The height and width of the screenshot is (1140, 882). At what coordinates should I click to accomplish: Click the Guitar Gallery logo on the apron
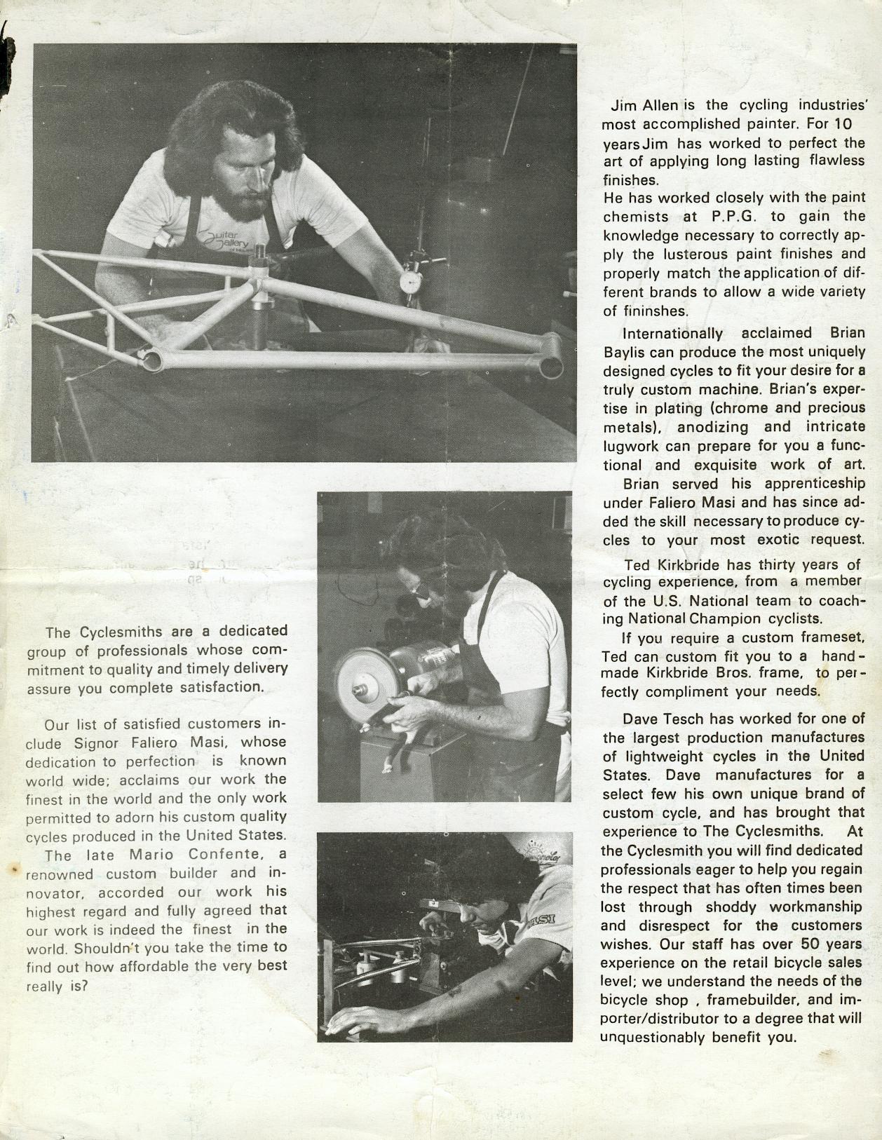227,240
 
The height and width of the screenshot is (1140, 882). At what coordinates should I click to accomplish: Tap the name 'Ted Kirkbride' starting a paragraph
672,564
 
